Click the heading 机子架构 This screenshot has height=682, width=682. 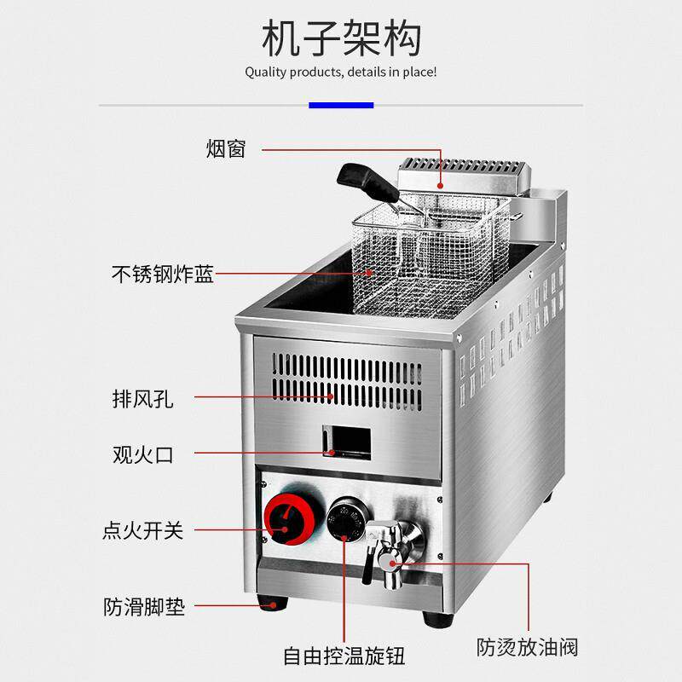(341, 38)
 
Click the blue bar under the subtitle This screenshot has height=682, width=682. (341, 105)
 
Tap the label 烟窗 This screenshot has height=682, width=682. (226, 149)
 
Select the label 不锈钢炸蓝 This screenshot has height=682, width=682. (163, 275)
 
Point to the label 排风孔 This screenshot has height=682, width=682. (142, 398)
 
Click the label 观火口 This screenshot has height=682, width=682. (142, 454)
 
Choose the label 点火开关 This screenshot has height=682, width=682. (142, 530)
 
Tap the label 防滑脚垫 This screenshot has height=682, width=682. (142, 607)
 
